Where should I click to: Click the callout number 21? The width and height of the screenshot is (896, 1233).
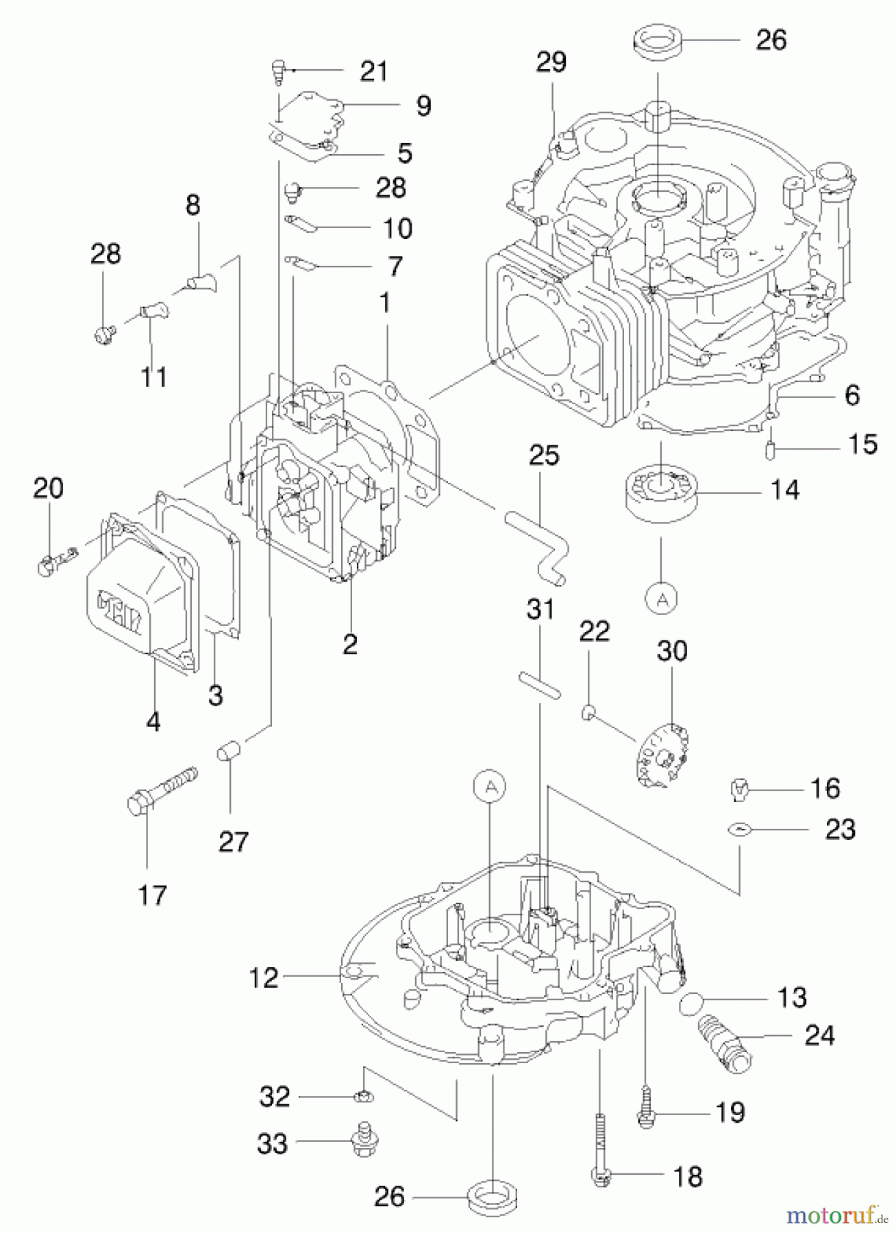[x=374, y=71]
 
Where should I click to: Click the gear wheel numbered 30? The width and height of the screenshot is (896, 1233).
[x=662, y=756]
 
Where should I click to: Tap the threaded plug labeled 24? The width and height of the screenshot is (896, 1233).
[x=724, y=1039]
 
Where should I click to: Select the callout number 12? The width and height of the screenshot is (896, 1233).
[x=264, y=977]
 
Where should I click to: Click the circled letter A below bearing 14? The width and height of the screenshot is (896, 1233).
[x=661, y=599]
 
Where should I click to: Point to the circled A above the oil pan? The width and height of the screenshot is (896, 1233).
[x=490, y=787]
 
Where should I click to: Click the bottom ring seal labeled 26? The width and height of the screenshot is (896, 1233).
[x=493, y=1197]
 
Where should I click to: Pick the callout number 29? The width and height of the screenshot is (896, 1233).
[x=551, y=62]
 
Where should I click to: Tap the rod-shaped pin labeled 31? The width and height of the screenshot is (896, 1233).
[x=540, y=686]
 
